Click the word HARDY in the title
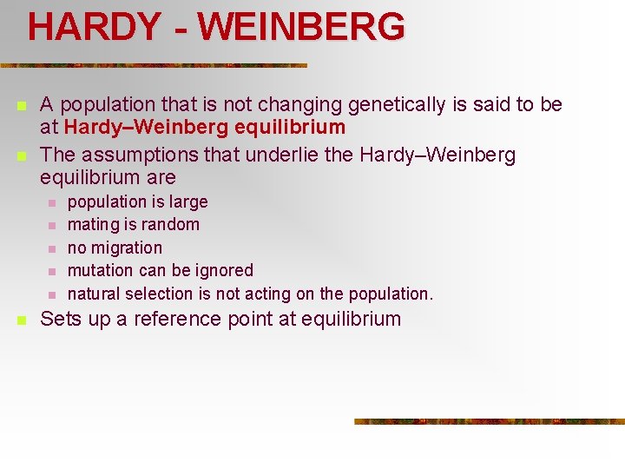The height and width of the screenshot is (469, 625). click(x=93, y=27)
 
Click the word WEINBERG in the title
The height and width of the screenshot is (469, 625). click(x=301, y=27)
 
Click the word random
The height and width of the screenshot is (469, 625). click(x=173, y=224)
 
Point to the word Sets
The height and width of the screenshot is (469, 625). click(x=60, y=319)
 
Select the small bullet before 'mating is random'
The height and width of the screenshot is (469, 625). click(x=51, y=225)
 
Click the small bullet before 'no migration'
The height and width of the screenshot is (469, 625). click(x=51, y=248)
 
